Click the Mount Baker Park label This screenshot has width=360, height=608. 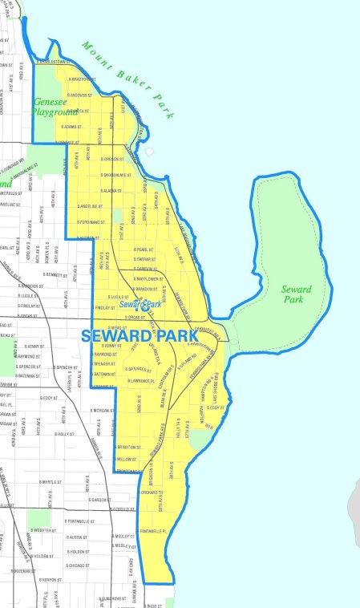click(x=127, y=80)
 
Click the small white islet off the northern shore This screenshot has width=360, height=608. click(x=148, y=151)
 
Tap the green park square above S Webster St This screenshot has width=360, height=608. click(x=38, y=517)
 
